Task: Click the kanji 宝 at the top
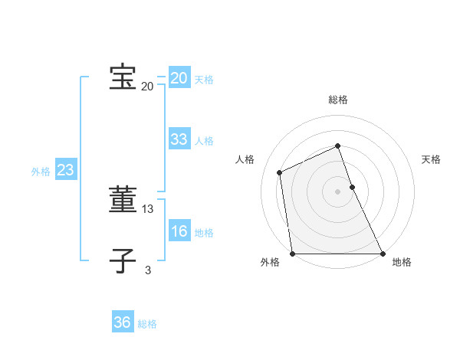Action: tap(123, 77)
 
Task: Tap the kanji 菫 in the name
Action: tap(123, 200)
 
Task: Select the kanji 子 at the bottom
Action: tap(123, 260)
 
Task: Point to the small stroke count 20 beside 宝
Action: tap(147, 87)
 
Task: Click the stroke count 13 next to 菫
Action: tap(148, 208)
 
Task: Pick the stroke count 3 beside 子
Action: tap(148, 269)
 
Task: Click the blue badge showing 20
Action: tap(179, 78)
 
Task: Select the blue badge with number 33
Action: tap(179, 139)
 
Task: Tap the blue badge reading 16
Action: tap(179, 231)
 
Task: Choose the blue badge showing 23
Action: tap(65, 170)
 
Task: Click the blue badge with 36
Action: tap(123, 322)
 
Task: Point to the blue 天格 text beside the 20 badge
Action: tap(204, 80)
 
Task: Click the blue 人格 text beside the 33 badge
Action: tap(204, 141)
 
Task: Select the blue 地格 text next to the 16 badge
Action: tap(204, 233)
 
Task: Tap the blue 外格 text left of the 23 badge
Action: tap(41, 172)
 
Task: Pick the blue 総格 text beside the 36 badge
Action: tap(147, 324)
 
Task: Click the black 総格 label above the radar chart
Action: tap(338, 100)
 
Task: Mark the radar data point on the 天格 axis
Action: tap(352, 187)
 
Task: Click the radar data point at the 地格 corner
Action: tap(383, 254)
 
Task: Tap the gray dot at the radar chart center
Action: tap(338, 191)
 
